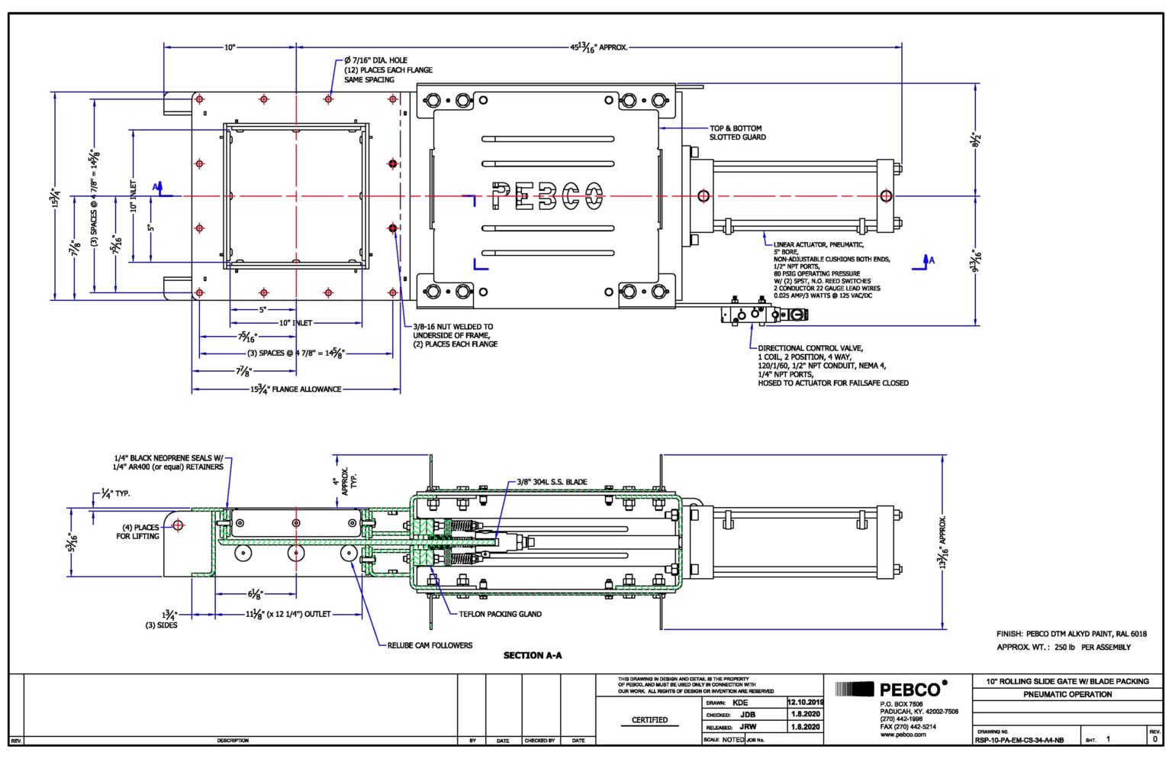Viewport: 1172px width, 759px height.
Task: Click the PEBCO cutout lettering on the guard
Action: [547, 196]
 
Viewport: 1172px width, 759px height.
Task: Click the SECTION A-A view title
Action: [533, 655]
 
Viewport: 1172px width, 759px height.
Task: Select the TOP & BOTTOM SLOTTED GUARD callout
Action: [737, 133]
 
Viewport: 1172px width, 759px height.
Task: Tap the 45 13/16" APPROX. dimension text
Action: [599, 47]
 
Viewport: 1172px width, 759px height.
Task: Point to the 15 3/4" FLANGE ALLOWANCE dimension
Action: [296, 389]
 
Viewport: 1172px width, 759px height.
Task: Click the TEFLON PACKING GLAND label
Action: [500, 614]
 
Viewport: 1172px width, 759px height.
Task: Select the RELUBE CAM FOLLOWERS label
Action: [430, 645]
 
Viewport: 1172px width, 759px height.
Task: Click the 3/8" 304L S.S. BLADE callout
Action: [552, 482]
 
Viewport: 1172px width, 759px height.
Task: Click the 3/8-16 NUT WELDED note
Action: [453, 327]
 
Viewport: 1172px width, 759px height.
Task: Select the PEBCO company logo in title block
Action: [893, 690]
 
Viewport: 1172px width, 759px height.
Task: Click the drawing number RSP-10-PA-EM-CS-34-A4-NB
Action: [1019, 740]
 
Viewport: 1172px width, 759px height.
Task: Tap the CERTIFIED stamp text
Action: [649, 720]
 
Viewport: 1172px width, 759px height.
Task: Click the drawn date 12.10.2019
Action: [805, 702]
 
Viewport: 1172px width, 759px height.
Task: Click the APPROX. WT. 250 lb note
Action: [1063, 648]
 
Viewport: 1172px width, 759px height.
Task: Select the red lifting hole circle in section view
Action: [178, 525]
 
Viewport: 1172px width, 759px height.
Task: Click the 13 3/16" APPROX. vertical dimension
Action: [943, 542]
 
